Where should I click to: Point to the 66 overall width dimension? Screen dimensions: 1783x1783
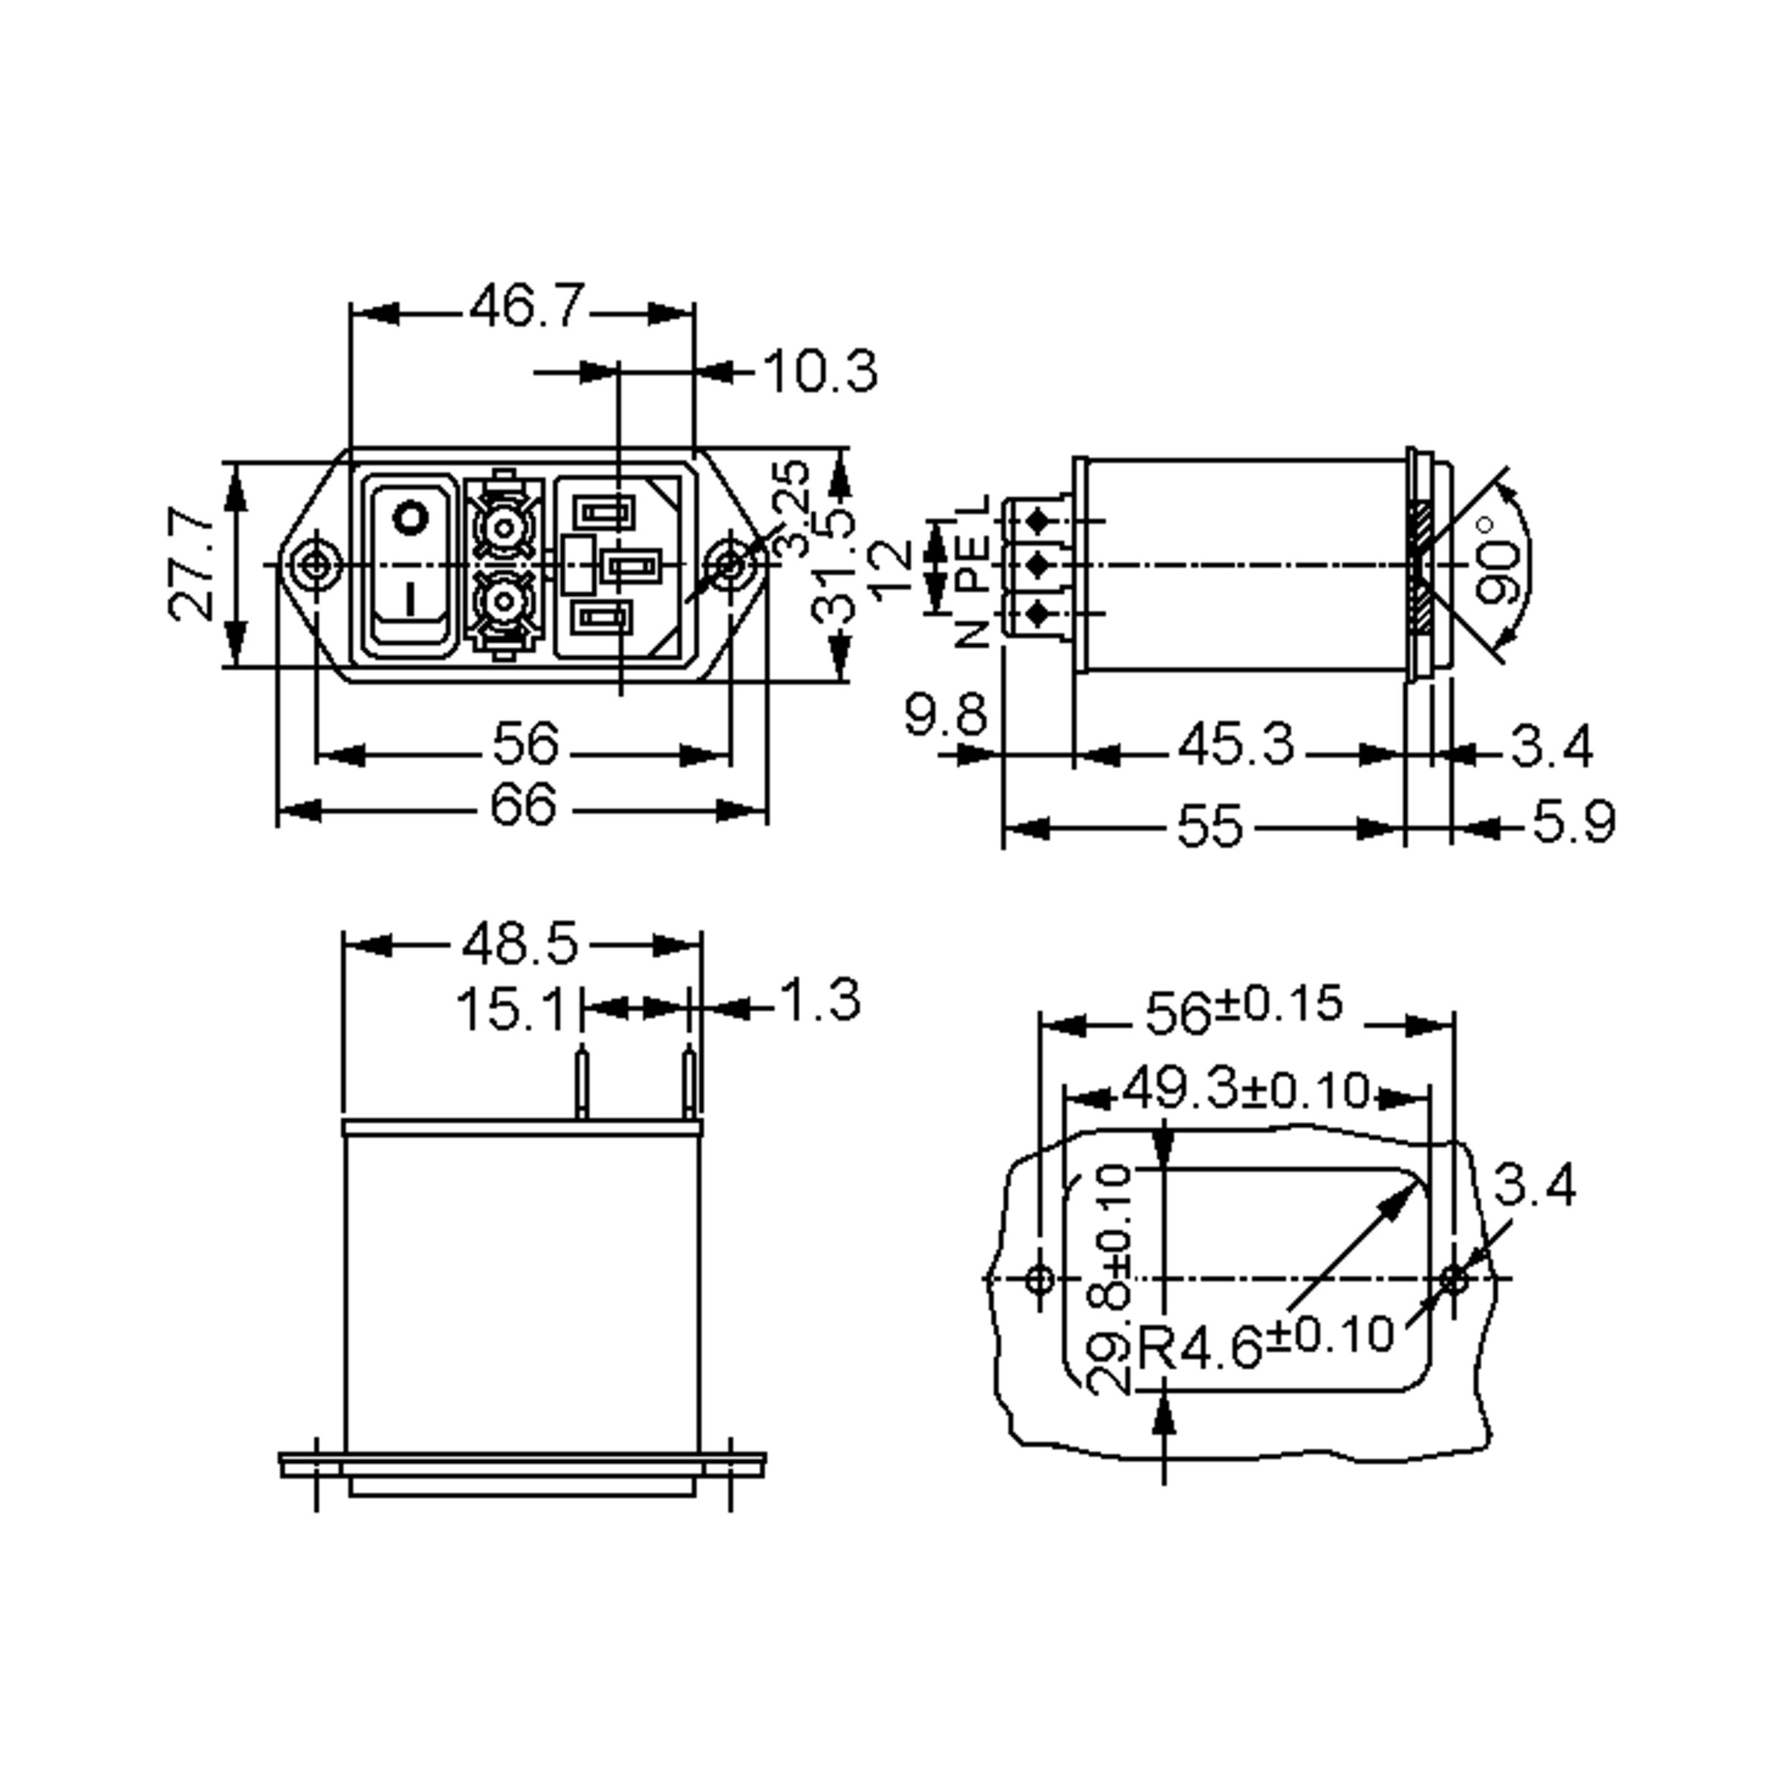[x=523, y=805]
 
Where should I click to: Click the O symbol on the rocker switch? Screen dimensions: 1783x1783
[x=411, y=519]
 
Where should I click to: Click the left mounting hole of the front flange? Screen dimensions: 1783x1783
[x=316, y=565]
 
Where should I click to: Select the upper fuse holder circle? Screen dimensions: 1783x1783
[x=504, y=529]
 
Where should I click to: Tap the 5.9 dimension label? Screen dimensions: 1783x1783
[x=1574, y=822]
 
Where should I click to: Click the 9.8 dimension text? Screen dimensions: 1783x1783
[x=946, y=715]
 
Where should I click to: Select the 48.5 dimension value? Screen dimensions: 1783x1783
[x=521, y=944]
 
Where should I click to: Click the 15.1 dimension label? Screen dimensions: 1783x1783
[x=510, y=1010]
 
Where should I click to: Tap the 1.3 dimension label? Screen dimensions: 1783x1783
[x=820, y=1001]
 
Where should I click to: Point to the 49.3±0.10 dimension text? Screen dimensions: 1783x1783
[x=1246, y=1090]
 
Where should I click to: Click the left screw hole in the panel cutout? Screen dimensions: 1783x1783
[x=1040, y=1279]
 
